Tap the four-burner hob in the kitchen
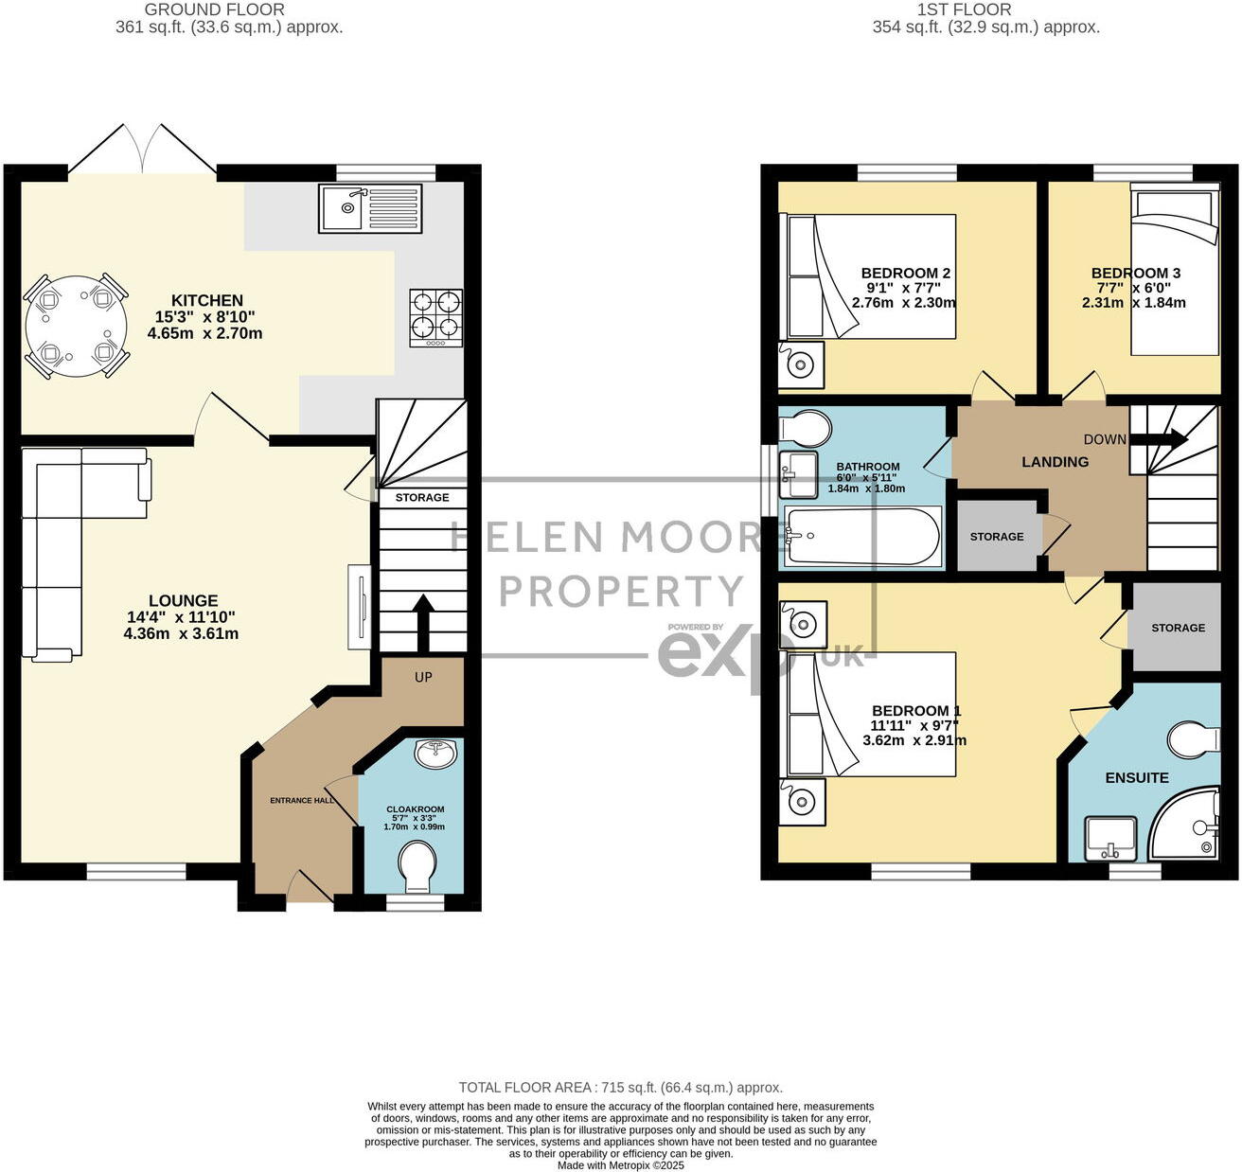436,317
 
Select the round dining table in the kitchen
76,326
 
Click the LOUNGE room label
183,600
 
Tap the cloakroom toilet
417,867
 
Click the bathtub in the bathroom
862,537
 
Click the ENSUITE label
1137,777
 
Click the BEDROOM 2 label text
906,273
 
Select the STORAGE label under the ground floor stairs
422,497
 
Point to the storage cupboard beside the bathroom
997,536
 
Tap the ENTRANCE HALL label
302,800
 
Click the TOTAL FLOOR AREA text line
621,1088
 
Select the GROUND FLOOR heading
214,9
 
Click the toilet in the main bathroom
804,428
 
